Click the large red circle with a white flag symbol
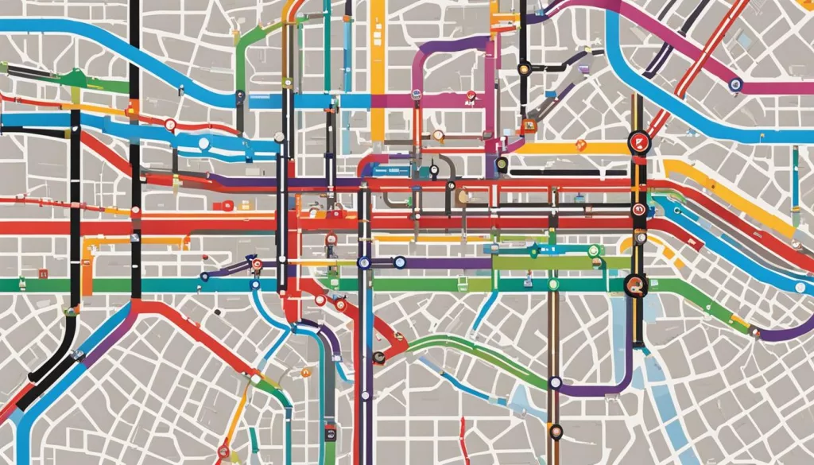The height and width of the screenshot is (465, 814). (x=638, y=142)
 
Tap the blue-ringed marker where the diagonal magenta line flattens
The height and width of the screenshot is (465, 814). (x=735, y=83)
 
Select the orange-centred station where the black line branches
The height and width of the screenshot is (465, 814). (x=524, y=69)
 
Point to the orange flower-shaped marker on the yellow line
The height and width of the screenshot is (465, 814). (x=580, y=145)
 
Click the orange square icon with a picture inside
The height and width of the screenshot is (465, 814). (x=528, y=125)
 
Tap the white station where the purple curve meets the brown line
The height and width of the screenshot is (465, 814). (x=555, y=383)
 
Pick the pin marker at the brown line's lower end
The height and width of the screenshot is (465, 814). (x=556, y=432)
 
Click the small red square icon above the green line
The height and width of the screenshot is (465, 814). (x=43, y=273)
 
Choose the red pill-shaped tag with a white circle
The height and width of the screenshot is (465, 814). (x=228, y=206)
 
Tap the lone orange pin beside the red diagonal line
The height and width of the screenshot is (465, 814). (x=305, y=373)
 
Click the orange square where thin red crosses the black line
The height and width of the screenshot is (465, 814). (x=132, y=107)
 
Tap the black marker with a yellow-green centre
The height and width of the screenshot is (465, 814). (x=501, y=165)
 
